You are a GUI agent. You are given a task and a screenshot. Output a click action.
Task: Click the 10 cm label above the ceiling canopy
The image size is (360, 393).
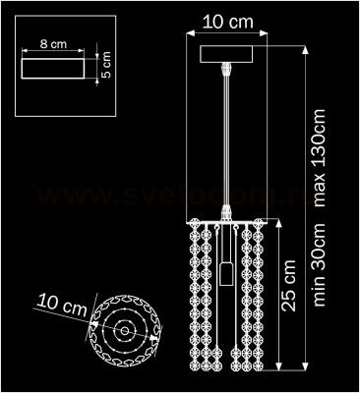228,20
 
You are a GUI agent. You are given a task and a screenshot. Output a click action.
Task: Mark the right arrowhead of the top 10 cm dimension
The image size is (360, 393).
267,33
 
